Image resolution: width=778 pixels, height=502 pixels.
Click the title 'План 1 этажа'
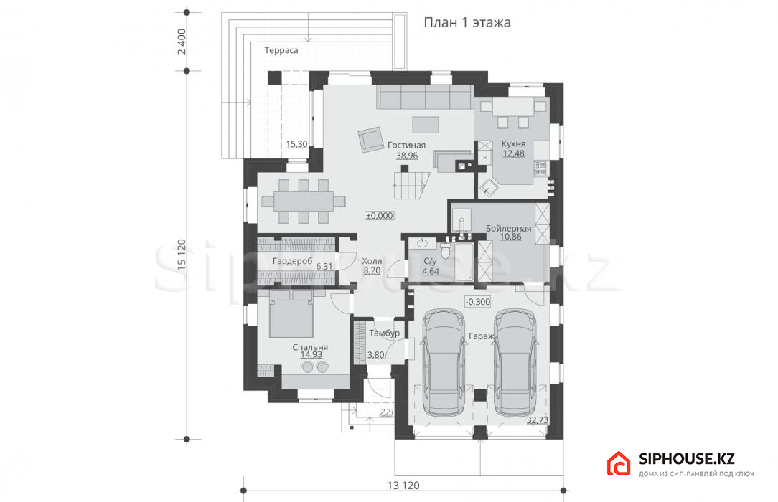coord(467,23)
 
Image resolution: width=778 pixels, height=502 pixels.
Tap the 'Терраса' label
coord(281,50)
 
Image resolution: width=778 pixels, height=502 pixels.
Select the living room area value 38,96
coord(407,156)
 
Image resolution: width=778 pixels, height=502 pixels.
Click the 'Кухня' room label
coord(514,143)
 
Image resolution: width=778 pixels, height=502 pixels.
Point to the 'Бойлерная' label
coord(509,229)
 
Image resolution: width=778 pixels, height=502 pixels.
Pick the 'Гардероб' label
coord(293,260)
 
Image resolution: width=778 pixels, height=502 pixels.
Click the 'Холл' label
coord(372,261)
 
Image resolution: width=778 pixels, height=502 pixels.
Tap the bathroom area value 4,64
coord(431,272)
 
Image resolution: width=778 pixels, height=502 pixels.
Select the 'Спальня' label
coord(310,347)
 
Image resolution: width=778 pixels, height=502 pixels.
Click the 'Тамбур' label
coord(385,333)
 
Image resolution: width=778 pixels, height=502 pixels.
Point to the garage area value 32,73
coord(538,420)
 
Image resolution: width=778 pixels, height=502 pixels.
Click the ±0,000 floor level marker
coord(380,216)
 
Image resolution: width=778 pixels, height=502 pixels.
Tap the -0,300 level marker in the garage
coord(478,302)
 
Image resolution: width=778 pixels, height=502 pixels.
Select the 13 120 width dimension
coord(403,486)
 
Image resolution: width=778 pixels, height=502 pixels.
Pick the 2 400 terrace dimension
coord(182,42)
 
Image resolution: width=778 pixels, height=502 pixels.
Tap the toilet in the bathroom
coord(446,251)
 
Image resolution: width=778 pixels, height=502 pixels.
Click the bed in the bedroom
coord(291,314)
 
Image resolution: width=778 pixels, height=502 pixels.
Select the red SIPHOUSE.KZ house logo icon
coord(618,463)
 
